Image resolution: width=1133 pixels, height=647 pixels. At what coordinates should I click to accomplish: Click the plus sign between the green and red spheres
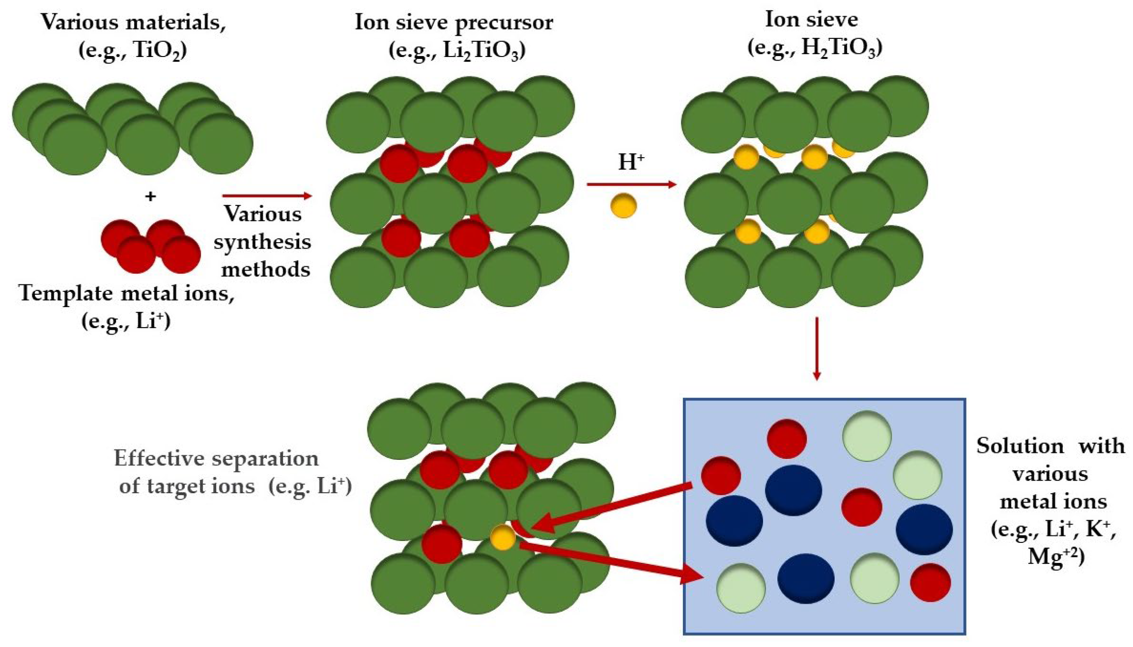point(150,197)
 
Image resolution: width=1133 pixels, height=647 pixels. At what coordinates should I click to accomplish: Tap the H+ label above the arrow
point(631,162)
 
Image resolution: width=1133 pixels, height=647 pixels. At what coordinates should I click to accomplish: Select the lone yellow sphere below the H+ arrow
point(623,205)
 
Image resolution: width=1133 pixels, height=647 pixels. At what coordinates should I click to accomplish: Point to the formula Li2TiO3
point(481,50)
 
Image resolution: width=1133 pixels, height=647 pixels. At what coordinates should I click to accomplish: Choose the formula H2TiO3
point(838,48)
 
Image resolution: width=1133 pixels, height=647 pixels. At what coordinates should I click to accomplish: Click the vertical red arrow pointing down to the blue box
point(817,348)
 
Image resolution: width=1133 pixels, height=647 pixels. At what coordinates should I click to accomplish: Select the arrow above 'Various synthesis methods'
point(267,196)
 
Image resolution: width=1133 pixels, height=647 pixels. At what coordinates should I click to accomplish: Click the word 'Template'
point(66,293)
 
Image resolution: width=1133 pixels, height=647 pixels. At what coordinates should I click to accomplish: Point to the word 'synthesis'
point(262,242)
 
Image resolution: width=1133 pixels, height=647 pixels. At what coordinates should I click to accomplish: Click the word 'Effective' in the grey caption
point(159,458)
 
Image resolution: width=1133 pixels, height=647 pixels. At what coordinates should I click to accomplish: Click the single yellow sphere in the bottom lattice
point(503,537)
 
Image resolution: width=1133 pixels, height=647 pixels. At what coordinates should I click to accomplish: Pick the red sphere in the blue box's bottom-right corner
point(930,583)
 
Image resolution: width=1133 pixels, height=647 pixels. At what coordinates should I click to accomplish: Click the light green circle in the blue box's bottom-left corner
point(741,588)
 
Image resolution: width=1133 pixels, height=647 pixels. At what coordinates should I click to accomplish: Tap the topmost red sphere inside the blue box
point(787,438)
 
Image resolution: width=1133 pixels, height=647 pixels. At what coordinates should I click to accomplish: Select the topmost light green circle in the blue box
point(867,436)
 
